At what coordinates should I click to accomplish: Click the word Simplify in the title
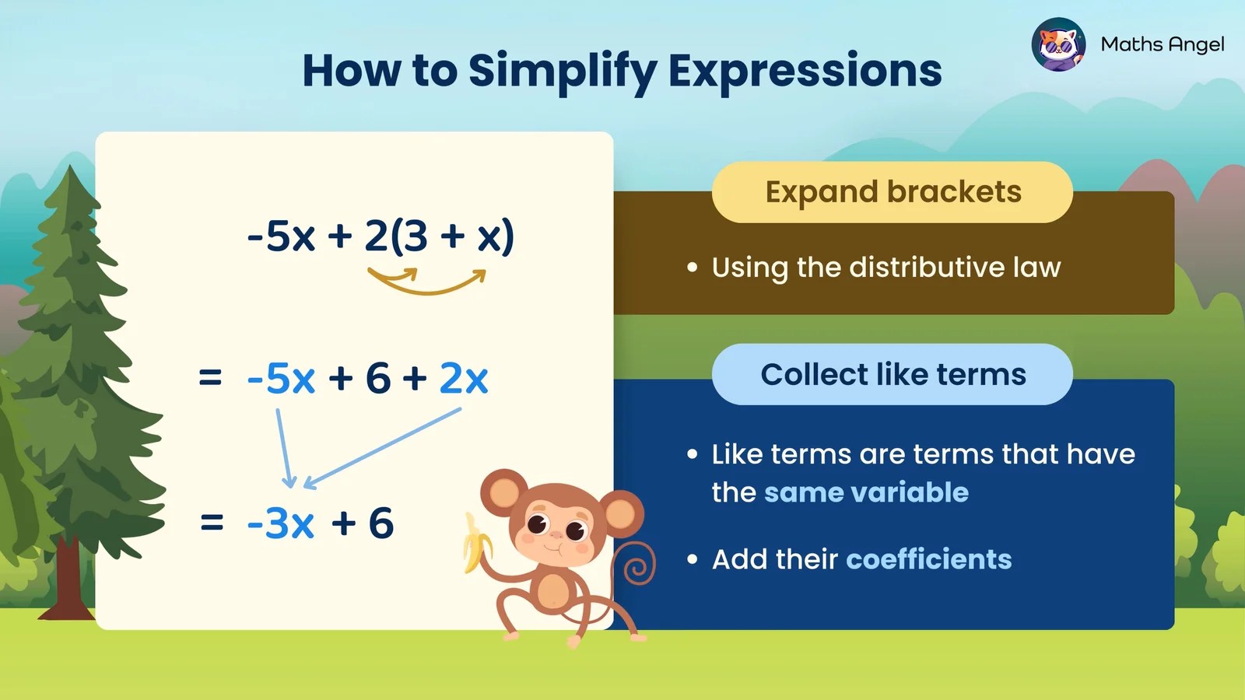[563, 72]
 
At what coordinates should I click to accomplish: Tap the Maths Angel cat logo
[1058, 44]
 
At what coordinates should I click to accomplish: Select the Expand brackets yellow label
[893, 192]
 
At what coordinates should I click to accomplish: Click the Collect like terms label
[893, 374]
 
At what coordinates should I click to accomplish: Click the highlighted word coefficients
[928, 559]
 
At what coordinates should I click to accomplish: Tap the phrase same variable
[866, 492]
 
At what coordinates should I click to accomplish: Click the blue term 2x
[464, 379]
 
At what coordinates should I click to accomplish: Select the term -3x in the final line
[281, 523]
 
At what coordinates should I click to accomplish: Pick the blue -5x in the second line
[281, 379]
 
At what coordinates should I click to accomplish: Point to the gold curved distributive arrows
[427, 281]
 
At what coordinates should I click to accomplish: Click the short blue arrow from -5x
[284, 447]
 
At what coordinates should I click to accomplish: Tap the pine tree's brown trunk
[68, 579]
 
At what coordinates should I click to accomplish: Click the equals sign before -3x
[212, 523]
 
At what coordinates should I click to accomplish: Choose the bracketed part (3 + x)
[452, 236]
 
